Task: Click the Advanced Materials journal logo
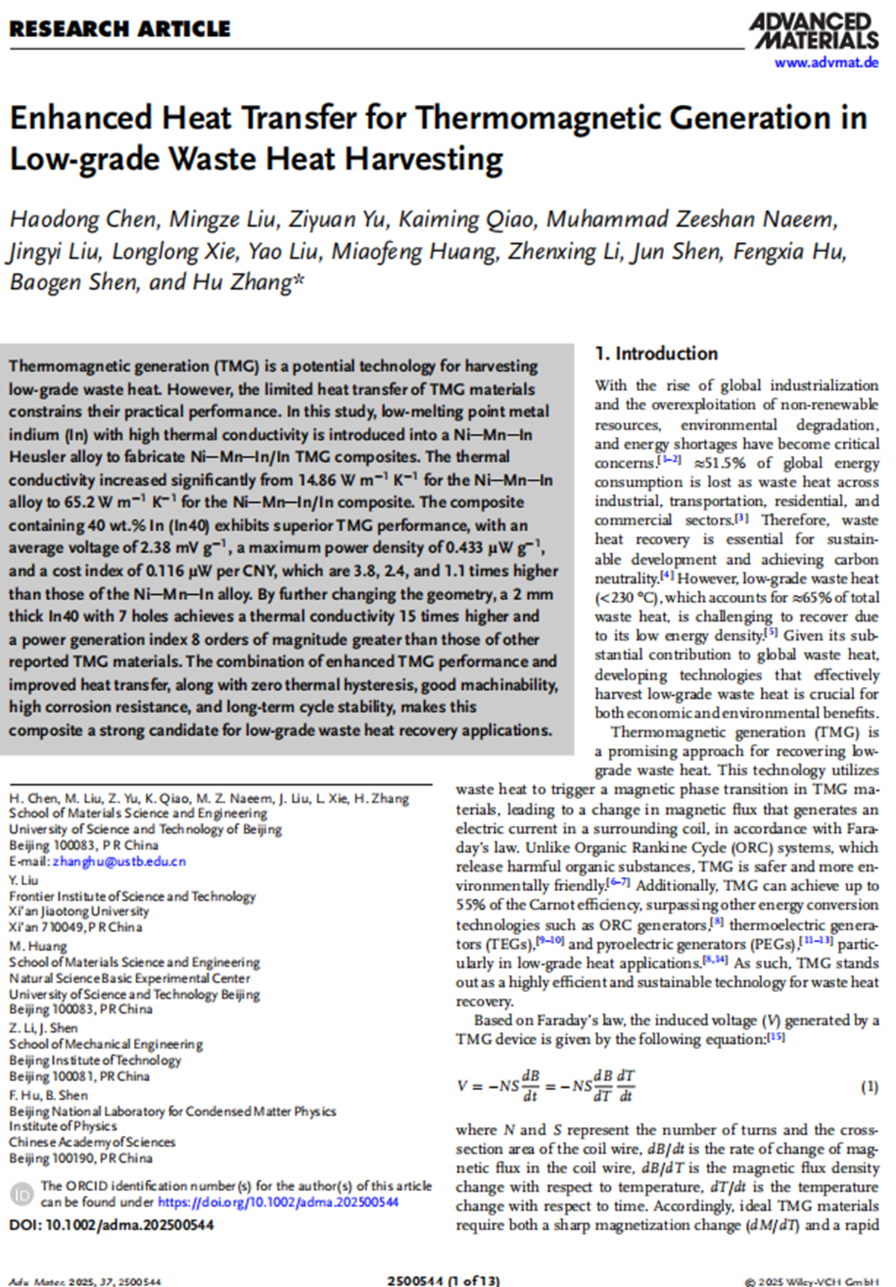click(x=814, y=31)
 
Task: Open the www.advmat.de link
click(x=826, y=63)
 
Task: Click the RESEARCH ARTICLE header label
click(x=120, y=29)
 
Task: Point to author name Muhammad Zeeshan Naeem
click(x=691, y=219)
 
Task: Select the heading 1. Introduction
click(x=656, y=353)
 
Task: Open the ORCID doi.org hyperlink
click(x=278, y=1202)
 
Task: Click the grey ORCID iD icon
click(x=23, y=1194)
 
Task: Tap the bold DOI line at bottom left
click(x=111, y=1225)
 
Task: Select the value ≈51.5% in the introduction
click(x=720, y=463)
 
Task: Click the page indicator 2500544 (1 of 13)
click(x=444, y=1280)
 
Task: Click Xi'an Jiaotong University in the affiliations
click(x=79, y=911)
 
